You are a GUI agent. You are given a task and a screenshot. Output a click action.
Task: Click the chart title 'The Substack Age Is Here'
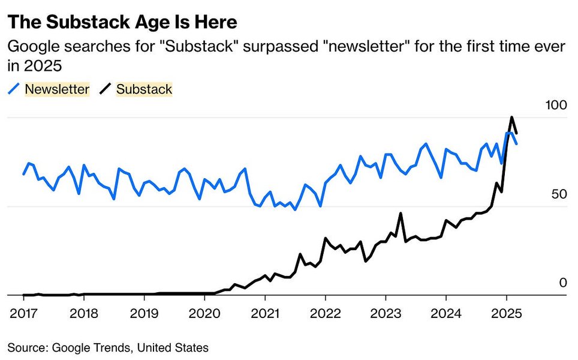[x=122, y=22]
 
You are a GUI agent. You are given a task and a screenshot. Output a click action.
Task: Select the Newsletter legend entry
[x=57, y=89]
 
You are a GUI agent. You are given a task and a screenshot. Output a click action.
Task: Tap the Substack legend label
[x=144, y=89]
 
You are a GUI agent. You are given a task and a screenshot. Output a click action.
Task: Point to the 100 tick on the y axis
[x=556, y=105]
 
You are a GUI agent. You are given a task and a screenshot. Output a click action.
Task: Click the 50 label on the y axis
[x=559, y=194]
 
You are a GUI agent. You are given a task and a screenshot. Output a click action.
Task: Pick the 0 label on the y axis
[x=562, y=283]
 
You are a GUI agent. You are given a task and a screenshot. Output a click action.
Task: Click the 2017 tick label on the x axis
[x=24, y=313]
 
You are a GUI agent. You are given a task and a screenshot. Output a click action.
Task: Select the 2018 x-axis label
[x=84, y=313]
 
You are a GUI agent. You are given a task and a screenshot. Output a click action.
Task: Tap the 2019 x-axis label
[x=144, y=313]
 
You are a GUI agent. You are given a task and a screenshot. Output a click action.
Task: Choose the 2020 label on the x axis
[x=204, y=313]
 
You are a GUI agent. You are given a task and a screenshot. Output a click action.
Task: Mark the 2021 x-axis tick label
[x=265, y=313]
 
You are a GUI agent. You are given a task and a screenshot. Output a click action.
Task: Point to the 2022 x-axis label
[x=325, y=313]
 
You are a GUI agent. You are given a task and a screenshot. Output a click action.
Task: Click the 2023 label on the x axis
[x=386, y=313]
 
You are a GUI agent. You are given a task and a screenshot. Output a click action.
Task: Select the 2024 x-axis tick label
[x=445, y=313]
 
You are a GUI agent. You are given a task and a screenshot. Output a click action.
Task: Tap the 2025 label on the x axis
[x=506, y=313]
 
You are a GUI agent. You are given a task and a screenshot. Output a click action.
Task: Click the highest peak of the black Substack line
[x=511, y=118]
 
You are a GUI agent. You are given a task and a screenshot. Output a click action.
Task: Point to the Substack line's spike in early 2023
[x=400, y=214]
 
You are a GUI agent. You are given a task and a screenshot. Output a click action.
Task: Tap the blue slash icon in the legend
[x=14, y=89]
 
